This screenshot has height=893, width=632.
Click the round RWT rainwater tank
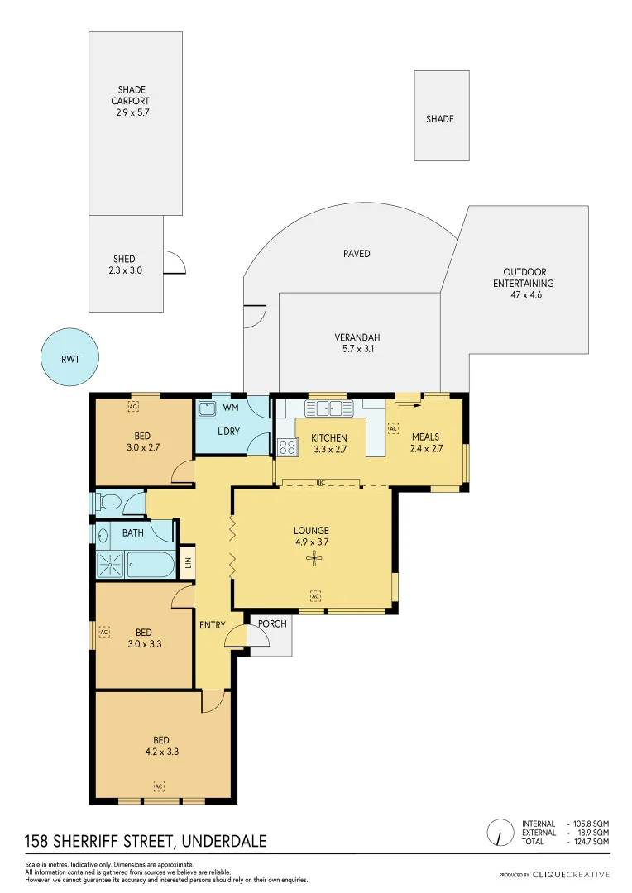[x=70, y=357]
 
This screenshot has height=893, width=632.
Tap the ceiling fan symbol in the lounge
[x=314, y=559]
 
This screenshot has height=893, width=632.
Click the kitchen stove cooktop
[x=288, y=446]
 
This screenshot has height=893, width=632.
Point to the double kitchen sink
[x=328, y=408]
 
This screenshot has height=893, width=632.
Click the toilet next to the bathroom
[x=108, y=502]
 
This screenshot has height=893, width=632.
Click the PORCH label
[x=272, y=623]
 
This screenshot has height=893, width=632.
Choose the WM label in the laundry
[x=231, y=408]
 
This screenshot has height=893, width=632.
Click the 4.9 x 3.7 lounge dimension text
[x=311, y=543]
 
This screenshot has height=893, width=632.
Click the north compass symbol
[x=500, y=833]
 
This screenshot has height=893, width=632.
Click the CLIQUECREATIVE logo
[x=570, y=874]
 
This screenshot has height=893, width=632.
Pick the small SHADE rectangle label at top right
[x=440, y=119]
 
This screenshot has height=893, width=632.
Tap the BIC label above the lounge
[x=319, y=481]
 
